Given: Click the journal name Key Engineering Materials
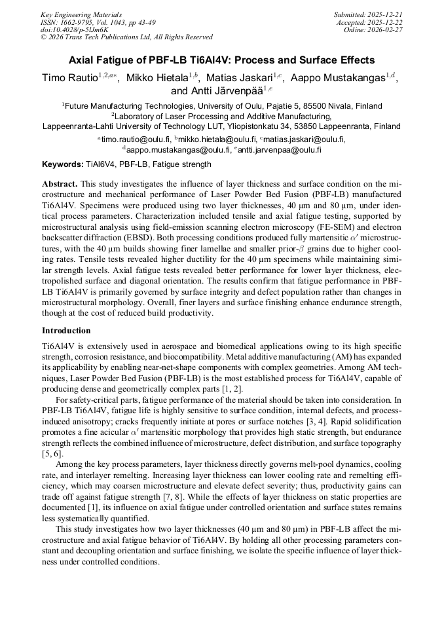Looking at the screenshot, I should (x=81, y=14).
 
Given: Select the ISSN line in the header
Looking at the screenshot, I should (x=98, y=22).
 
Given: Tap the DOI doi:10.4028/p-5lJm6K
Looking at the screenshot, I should (x=75, y=29).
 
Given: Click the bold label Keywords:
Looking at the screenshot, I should (x=62, y=164).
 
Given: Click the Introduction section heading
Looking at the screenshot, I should (x=66, y=331).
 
